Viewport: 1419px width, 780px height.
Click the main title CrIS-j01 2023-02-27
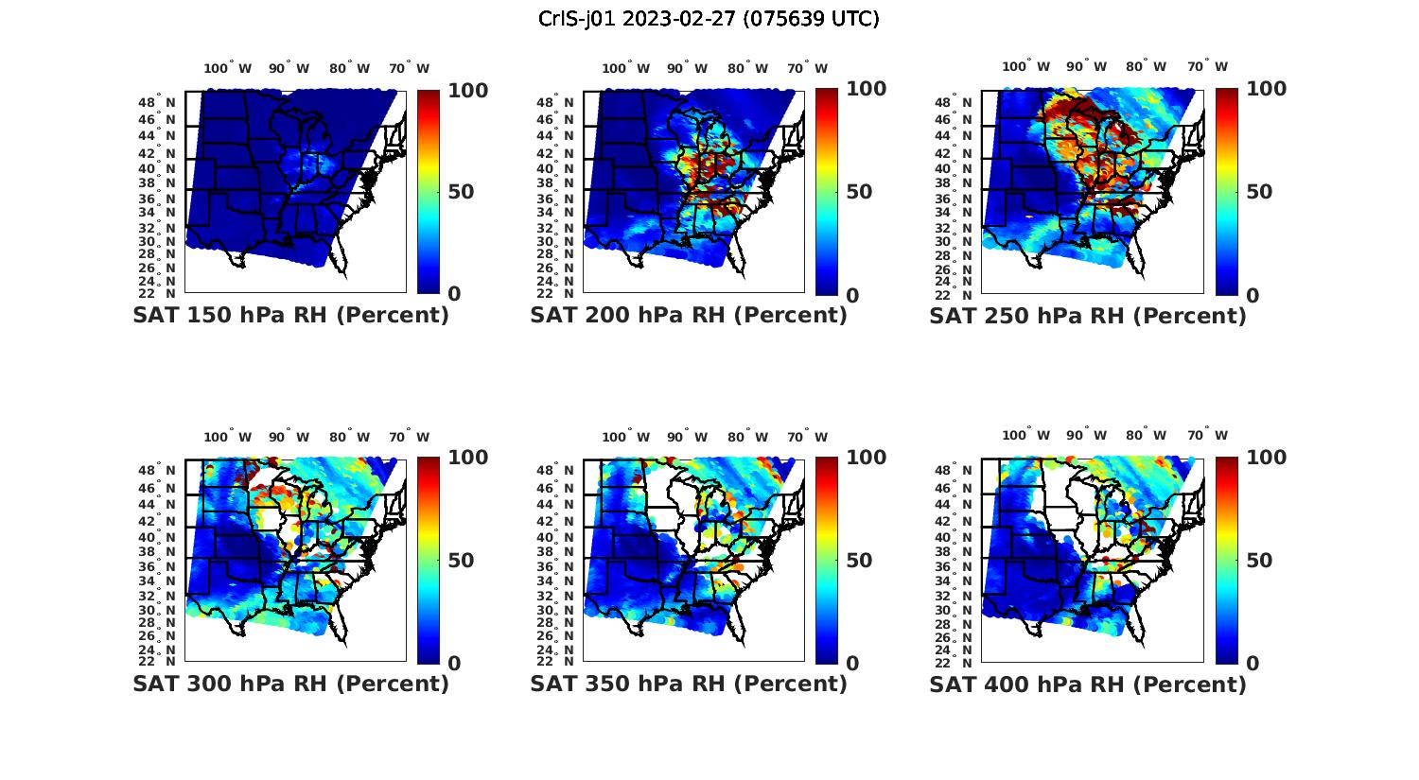(x=709, y=19)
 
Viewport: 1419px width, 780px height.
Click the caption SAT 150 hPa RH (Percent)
(x=290, y=316)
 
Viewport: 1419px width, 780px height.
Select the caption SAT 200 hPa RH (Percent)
(x=689, y=316)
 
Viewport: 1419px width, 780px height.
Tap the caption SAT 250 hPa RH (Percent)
(x=1088, y=316)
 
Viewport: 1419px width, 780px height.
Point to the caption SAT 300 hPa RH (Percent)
(x=290, y=684)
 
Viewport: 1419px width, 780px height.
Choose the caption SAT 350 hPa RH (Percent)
(x=689, y=684)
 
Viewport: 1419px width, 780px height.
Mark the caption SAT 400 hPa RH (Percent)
(x=1088, y=684)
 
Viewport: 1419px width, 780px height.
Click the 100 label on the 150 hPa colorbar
(x=468, y=91)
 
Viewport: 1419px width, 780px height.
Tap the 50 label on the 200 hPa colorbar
(x=859, y=192)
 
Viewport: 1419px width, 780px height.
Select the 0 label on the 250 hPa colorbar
(x=1252, y=295)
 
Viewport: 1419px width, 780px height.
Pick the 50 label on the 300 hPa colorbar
(x=461, y=561)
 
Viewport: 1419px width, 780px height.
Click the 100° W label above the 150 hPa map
(x=228, y=68)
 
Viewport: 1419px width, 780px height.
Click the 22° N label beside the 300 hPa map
(x=163, y=661)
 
